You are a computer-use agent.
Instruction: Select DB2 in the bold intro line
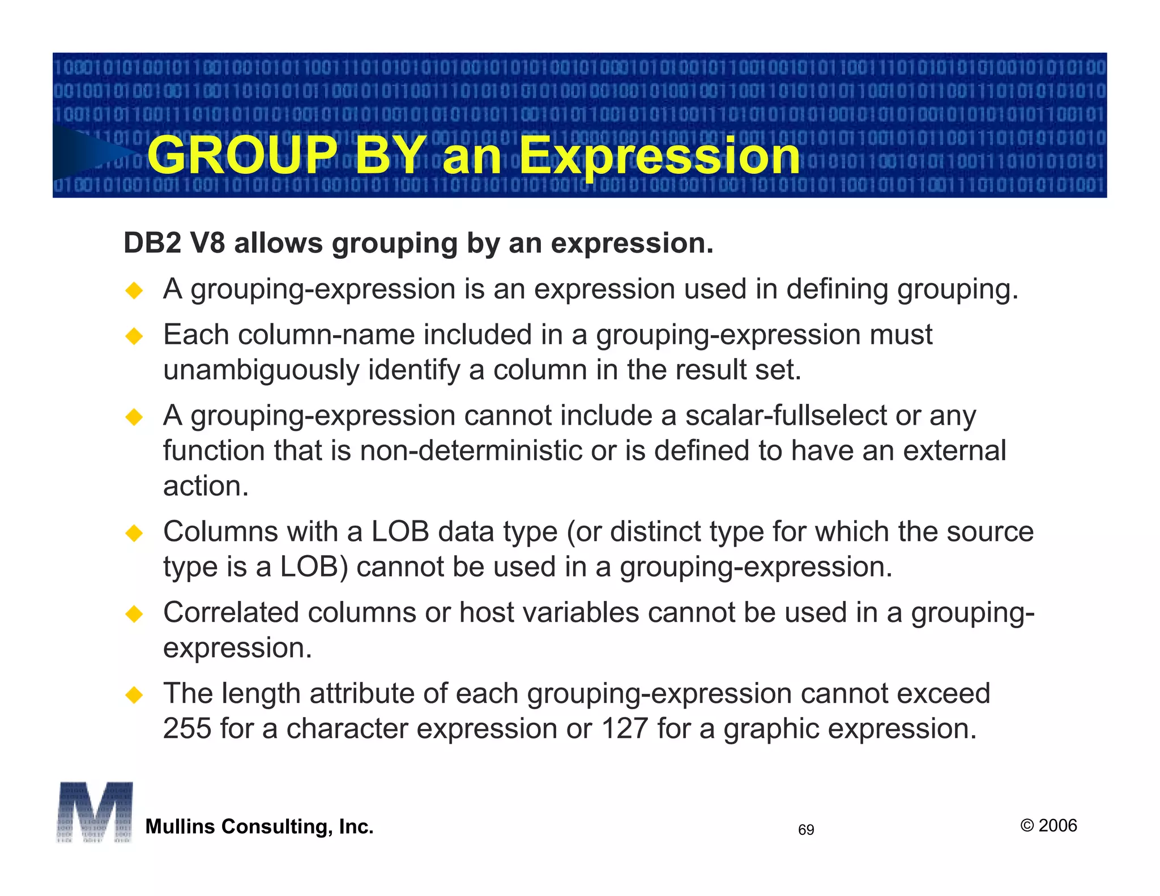tap(152, 244)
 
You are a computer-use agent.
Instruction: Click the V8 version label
tap(207, 244)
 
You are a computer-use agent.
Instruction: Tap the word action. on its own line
tap(206, 486)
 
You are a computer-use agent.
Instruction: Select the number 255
tap(187, 728)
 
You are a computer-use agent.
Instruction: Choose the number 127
tap(624, 728)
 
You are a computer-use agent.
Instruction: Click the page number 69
tap(806, 830)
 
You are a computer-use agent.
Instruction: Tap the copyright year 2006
tap(1057, 825)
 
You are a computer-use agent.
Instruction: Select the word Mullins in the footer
tap(179, 827)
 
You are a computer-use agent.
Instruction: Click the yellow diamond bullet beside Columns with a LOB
tap(134, 533)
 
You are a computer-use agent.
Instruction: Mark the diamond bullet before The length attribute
tap(134, 694)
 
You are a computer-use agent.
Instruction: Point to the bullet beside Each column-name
tap(134, 336)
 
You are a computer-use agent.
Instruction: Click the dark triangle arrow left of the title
tap(91, 152)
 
